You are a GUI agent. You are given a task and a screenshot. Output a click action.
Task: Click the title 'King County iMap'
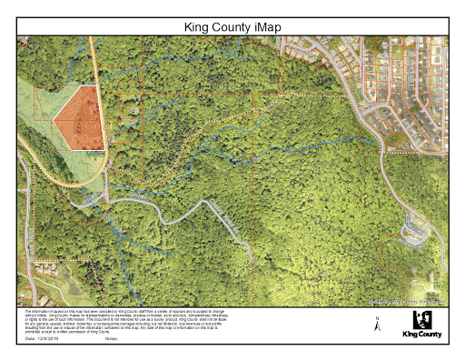click(x=232, y=27)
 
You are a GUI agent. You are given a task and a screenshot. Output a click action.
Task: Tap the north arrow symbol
click(x=377, y=322)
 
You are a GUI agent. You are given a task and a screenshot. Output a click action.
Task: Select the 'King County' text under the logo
click(x=422, y=334)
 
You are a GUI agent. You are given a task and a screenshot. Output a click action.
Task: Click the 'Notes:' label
click(x=113, y=337)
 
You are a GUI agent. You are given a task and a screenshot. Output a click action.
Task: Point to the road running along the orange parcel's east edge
click(x=103, y=118)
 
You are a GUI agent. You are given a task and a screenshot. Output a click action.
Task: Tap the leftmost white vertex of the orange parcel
click(x=54, y=118)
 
